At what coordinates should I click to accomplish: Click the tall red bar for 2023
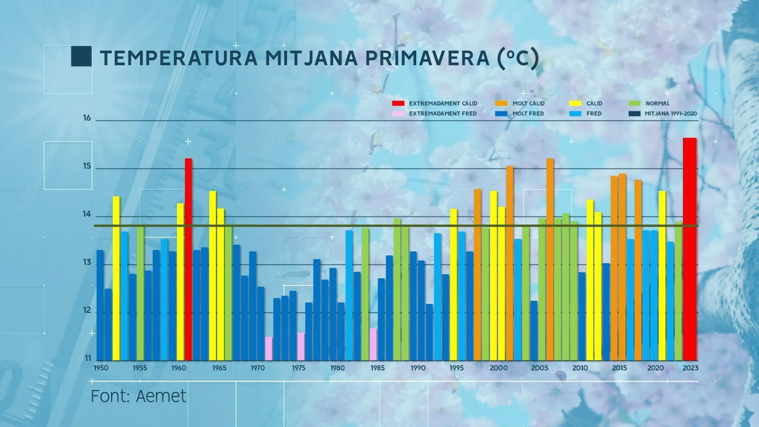coord(690,249)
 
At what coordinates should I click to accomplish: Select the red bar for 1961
coord(188,259)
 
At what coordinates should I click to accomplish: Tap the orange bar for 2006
coord(550,259)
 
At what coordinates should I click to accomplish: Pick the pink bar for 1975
coord(301,346)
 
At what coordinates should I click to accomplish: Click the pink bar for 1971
coord(268,349)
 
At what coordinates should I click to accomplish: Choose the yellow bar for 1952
coord(116,278)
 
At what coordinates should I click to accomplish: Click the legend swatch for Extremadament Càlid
coord(398,103)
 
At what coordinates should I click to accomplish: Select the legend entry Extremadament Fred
coord(443,114)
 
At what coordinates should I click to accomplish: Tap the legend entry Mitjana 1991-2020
coord(670,114)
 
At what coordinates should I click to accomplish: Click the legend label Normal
coord(657,103)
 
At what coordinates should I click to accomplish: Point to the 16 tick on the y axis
coord(87,118)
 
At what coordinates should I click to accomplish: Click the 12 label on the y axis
coord(87,310)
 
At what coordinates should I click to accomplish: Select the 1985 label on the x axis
coord(378,368)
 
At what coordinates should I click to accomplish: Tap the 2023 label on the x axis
coord(690,368)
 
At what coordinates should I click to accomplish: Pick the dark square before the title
coord(81,56)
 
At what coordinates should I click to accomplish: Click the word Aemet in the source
coord(161,396)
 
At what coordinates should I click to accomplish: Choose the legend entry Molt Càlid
coord(528,103)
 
